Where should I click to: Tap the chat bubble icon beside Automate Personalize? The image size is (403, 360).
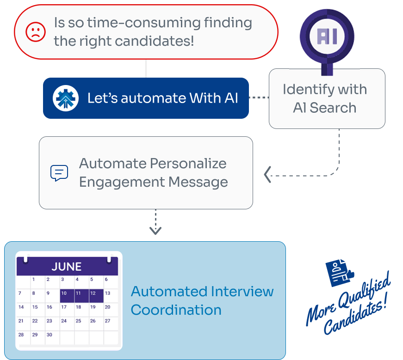[x=59, y=173]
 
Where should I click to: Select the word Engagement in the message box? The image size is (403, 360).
[x=122, y=182]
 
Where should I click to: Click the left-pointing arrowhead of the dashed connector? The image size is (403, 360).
[x=267, y=175]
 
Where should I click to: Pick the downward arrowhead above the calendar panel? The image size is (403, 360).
[x=155, y=230]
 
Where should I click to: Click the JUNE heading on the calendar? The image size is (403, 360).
[x=67, y=267]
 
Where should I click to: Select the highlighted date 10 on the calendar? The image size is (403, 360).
[x=64, y=293]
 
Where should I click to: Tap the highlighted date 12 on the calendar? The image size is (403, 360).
[x=93, y=293]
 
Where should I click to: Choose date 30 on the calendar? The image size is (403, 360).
[x=50, y=335]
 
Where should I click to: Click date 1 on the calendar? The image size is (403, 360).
[x=33, y=280]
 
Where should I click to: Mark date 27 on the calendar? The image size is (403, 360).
[x=107, y=321]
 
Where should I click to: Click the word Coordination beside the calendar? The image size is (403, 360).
[x=176, y=310]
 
